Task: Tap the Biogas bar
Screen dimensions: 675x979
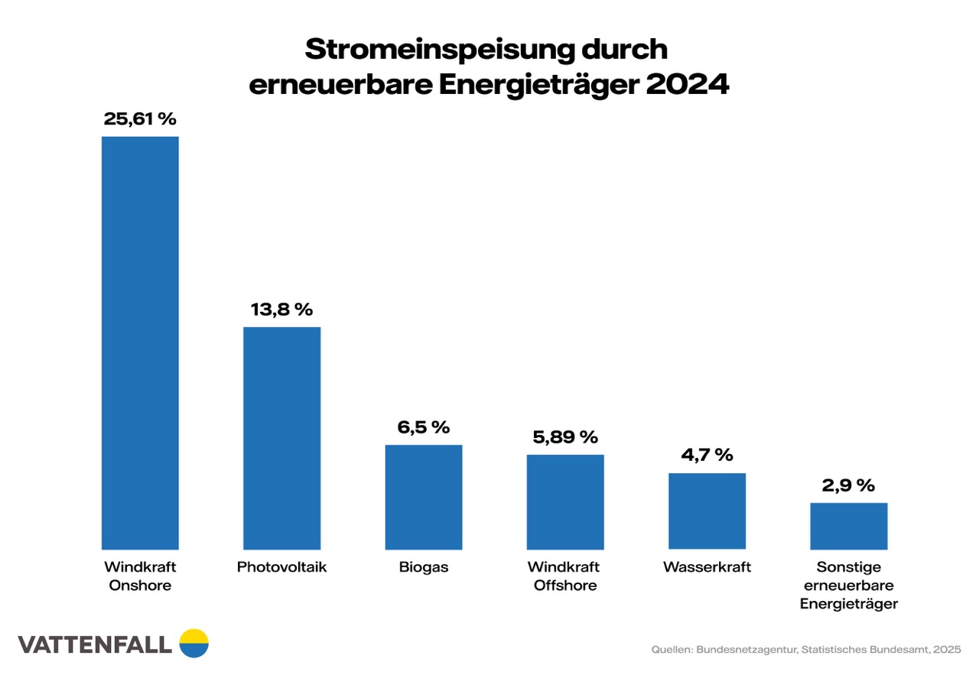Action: point(423,497)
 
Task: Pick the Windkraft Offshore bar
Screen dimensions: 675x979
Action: point(565,501)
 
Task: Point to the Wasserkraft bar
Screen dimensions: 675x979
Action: point(707,511)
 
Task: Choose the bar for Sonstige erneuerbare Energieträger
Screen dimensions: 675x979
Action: point(848,526)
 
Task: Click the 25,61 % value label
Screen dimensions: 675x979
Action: point(140,119)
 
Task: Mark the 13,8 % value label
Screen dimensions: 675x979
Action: point(281,310)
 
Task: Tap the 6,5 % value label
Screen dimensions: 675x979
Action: point(423,427)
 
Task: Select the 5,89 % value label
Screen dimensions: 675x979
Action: point(565,437)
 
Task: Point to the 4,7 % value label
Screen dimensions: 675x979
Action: point(707,456)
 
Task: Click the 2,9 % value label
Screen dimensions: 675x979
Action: point(848,485)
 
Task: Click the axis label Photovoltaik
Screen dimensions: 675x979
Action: point(281,567)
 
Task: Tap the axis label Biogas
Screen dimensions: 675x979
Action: point(423,567)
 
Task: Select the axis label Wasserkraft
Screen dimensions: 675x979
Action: point(707,567)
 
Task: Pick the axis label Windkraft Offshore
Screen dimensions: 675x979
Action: point(565,576)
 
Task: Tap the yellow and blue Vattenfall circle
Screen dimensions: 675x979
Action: point(194,643)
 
